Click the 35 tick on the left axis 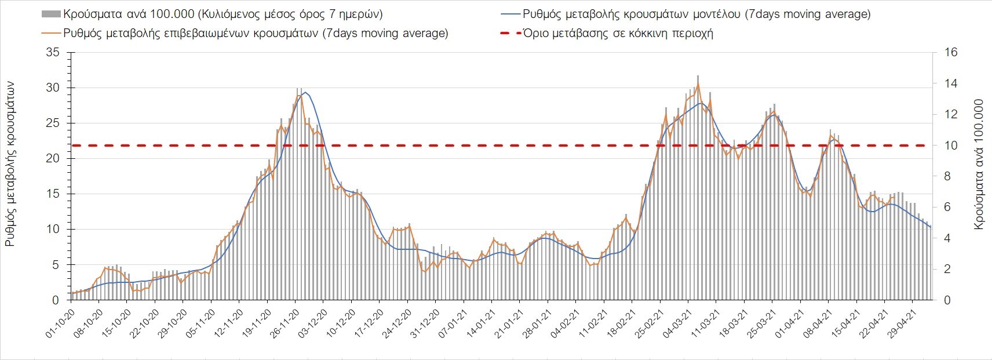coord(54,53)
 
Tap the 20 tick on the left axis coord(54,159)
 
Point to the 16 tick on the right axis coord(951,53)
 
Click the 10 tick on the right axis coord(951,146)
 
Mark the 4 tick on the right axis coord(948,238)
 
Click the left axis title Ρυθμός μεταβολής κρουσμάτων coord(10,164)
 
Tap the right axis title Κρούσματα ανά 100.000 coord(979,164)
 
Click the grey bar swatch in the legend coord(51,14)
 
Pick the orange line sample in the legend coord(51,33)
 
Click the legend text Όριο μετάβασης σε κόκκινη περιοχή coord(618,33)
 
